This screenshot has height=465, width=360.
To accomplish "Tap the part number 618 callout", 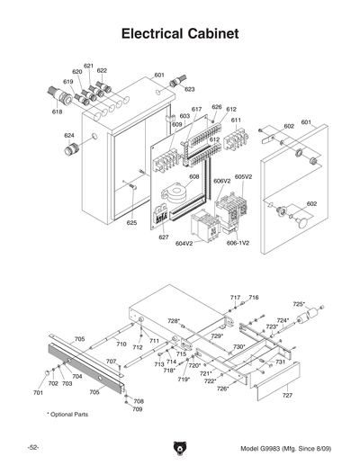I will (58, 112).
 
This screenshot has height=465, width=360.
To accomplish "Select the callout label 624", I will (69, 136).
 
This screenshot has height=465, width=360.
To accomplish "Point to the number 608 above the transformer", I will (193, 178).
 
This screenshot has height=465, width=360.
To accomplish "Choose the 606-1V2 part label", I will (238, 244).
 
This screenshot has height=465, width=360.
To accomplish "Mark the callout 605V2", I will (244, 177).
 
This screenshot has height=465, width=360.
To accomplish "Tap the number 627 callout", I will (165, 237).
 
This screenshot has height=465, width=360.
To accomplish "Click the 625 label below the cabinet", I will (131, 222).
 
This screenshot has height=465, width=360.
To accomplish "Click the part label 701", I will (38, 393).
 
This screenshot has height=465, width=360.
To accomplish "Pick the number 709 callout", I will (138, 409).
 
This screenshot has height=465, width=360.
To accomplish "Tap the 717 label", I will (235, 297).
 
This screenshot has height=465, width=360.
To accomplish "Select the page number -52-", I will (32, 448).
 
